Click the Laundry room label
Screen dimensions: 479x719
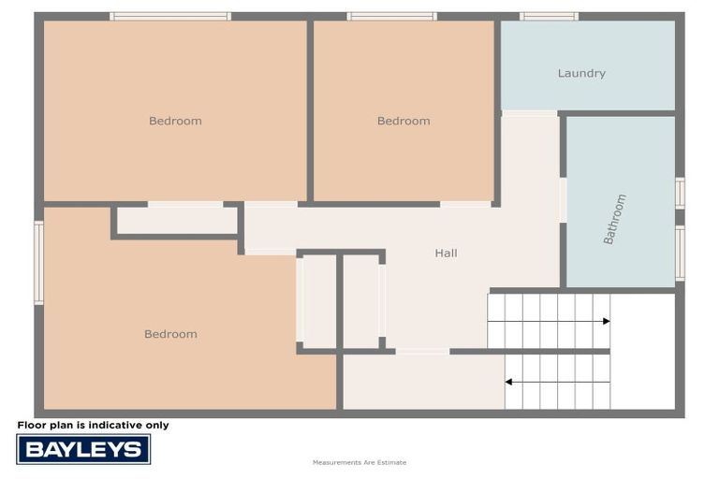pos(581,73)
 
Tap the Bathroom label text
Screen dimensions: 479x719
pos(615,219)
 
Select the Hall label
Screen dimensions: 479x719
pos(446,253)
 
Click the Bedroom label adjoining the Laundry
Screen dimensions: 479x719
pos(404,121)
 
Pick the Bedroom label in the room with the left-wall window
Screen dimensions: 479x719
pos(170,334)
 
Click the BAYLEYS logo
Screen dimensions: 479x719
pos(83,449)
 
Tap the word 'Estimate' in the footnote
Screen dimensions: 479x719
pos(393,462)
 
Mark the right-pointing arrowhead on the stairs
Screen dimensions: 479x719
pos(606,321)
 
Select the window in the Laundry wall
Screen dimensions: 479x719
pos(549,16)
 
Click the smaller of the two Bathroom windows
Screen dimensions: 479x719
pos(680,193)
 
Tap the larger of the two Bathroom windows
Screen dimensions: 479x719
pos(680,253)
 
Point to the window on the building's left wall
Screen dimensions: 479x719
pos(39,262)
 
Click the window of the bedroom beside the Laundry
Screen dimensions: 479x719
pos(391,16)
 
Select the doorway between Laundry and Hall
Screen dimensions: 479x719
pos(529,113)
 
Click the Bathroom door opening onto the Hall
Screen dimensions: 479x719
pos(563,200)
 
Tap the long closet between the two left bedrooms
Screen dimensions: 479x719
pos(177,221)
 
